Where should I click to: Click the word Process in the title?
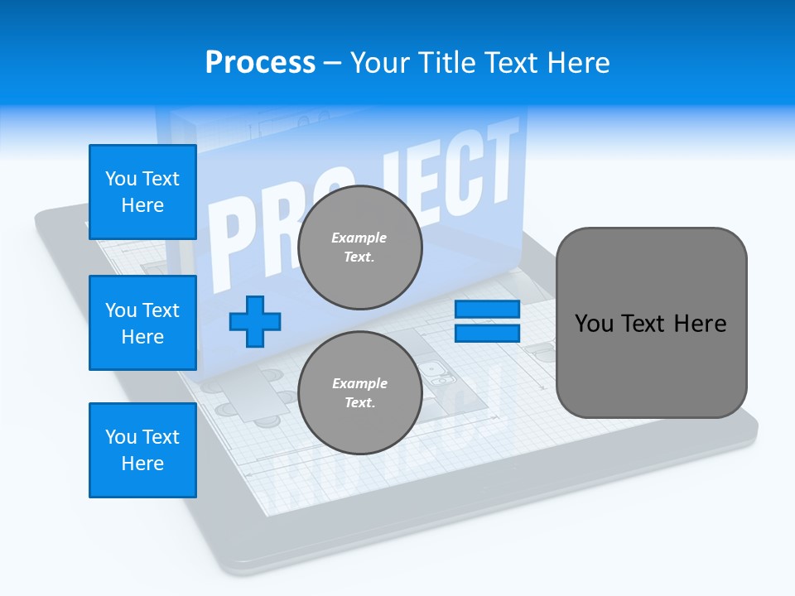[260, 63]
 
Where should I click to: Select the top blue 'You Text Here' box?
[142, 192]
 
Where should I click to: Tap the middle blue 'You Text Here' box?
[142, 323]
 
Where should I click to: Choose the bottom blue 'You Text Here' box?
[142, 450]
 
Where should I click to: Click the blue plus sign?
[255, 321]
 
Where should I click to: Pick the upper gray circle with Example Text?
[359, 248]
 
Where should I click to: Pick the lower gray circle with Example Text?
[359, 393]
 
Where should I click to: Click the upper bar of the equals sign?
[487, 310]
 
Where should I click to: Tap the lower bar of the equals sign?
[487, 333]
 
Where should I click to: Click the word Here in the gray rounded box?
[700, 324]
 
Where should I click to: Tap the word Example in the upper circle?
[359, 238]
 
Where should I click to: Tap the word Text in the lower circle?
[359, 403]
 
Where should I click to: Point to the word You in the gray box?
[594, 324]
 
